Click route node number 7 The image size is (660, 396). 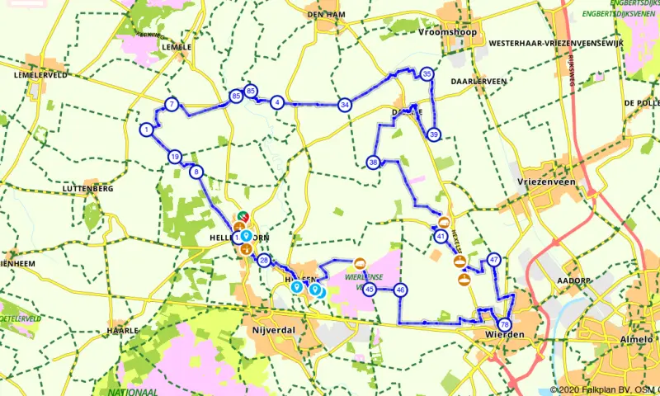pyautogui.click(x=171, y=104)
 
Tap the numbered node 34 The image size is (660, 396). pyautogui.click(x=345, y=104)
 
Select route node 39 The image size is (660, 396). pyautogui.click(x=434, y=135)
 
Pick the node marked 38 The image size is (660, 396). pyautogui.click(x=374, y=163)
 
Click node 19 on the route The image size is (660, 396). pyautogui.click(x=174, y=157)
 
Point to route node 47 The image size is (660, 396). pyautogui.click(x=494, y=260)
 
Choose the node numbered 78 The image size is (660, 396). pyautogui.click(x=504, y=325)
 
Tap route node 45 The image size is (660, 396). pyautogui.click(x=370, y=290)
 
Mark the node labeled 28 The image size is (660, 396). pyautogui.click(x=264, y=261)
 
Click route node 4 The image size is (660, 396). pyautogui.click(x=277, y=102)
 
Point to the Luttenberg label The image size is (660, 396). pyautogui.click(x=87, y=189)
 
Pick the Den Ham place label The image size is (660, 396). pyautogui.click(x=324, y=14)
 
